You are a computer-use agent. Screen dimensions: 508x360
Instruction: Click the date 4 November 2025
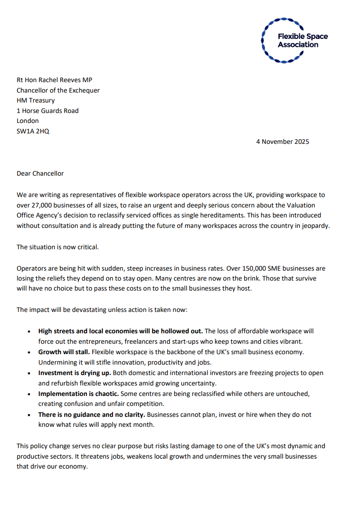tap(282, 141)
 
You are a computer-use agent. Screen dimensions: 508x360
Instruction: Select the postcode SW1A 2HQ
tap(33, 131)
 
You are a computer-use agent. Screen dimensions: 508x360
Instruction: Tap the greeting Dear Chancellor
tap(40, 173)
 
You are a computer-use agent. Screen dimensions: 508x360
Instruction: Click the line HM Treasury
tap(36, 101)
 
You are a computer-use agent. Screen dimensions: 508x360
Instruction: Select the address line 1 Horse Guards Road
tap(47, 111)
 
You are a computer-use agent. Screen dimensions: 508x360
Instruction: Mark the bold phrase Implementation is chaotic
tap(78, 394)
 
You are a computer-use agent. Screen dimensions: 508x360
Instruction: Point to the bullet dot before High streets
tap(29, 331)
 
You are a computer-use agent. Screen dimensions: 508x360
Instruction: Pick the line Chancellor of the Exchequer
tap(58, 90)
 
